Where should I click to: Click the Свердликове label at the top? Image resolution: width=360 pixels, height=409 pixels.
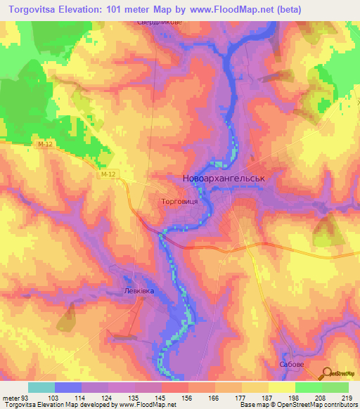click(159, 22)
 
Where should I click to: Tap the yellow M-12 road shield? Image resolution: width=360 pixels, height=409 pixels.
click(106, 173)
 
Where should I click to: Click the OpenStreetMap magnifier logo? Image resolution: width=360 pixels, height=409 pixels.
click(326, 375)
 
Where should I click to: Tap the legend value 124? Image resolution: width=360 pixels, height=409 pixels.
click(106, 398)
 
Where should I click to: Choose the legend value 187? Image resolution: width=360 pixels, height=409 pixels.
click(266, 398)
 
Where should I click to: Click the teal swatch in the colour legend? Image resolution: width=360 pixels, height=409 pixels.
click(41, 387)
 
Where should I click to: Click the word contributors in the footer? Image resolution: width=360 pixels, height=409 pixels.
click(339, 405)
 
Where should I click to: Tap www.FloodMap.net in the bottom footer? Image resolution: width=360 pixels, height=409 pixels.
click(148, 405)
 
